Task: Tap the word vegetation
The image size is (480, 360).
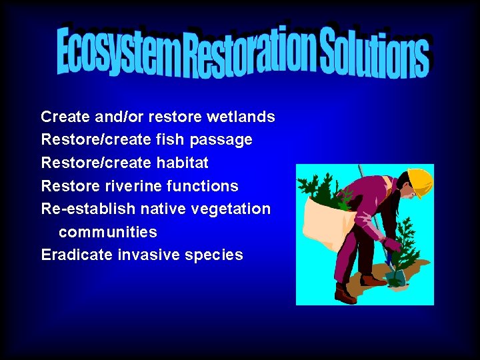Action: (231, 209)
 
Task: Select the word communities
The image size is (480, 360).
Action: (108, 232)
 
